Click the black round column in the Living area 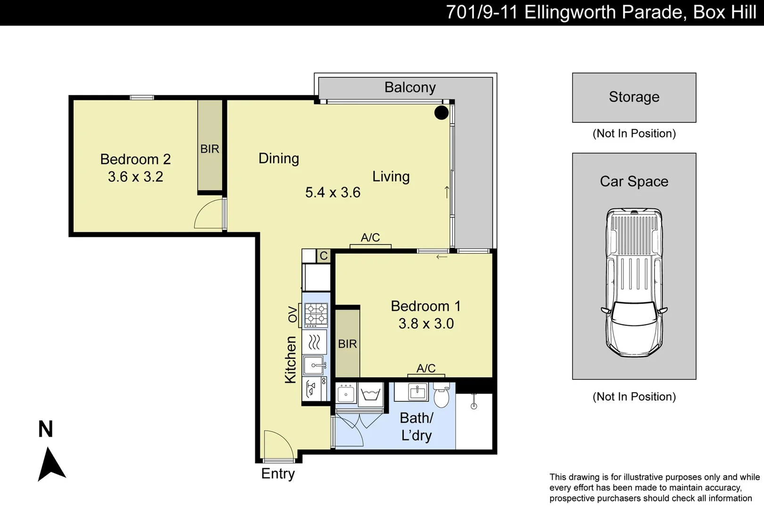pyautogui.click(x=441, y=113)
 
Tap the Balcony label pyautogui.click(x=410, y=87)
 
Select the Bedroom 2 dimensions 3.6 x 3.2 pyautogui.click(x=135, y=177)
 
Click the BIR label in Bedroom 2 pyautogui.click(x=209, y=149)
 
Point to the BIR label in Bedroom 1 pyautogui.click(x=347, y=344)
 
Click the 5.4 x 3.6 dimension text pyautogui.click(x=332, y=192)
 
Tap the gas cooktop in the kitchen pyautogui.click(x=316, y=315)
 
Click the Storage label pyautogui.click(x=634, y=97)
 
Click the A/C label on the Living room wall pyautogui.click(x=370, y=238)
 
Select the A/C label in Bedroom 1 pyautogui.click(x=426, y=368)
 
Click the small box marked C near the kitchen pyautogui.click(x=324, y=256)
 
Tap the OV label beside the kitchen pyautogui.click(x=293, y=314)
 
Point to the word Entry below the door pyautogui.click(x=278, y=473)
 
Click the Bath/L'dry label pyautogui.click(x=416, y=427)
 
